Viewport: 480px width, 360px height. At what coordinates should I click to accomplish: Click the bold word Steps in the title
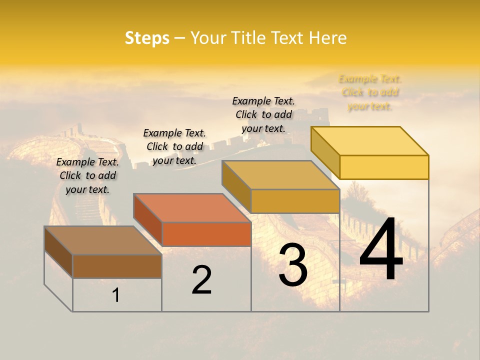147,38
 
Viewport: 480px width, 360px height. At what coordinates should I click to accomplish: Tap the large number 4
381,250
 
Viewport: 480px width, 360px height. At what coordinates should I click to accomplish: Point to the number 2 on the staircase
202,280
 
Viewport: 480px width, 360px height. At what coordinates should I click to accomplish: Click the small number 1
116,295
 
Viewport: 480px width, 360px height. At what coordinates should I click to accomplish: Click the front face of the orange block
206,234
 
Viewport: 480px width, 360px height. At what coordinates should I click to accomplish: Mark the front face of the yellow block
384,167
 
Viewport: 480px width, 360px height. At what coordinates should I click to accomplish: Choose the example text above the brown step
87,175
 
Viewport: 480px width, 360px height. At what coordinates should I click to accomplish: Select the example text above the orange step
174,146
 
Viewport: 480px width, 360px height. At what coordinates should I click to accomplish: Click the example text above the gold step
263,114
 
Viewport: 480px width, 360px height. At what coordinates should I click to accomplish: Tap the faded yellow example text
370,92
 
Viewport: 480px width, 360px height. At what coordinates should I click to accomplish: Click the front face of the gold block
295,201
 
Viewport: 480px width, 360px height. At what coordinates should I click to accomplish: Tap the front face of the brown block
117,266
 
